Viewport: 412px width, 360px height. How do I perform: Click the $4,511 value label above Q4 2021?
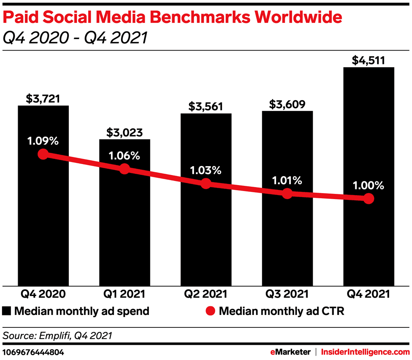click(x=369, y=60)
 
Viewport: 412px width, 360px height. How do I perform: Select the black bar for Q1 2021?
click(x=124, y=225)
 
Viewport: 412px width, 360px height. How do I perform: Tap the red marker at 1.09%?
click(x=43, y=154)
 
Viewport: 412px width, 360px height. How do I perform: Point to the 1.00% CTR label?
click(x=369, y=186)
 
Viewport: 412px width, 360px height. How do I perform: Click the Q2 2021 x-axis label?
click(x=206, y=294)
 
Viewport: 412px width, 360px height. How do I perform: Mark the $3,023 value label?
click(x=124, y=132)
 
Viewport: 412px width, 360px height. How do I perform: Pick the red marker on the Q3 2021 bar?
click(x=287, y=193)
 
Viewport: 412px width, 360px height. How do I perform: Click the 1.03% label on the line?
click(x=206, y=170)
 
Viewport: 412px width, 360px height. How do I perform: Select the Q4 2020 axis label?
click(x=43, y=294)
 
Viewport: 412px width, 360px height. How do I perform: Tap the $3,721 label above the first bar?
click(x=43, y=99)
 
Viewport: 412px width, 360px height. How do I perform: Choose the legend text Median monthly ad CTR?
click(x=282, y=311)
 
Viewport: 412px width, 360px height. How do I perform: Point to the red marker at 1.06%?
click(x=124, y=169)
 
